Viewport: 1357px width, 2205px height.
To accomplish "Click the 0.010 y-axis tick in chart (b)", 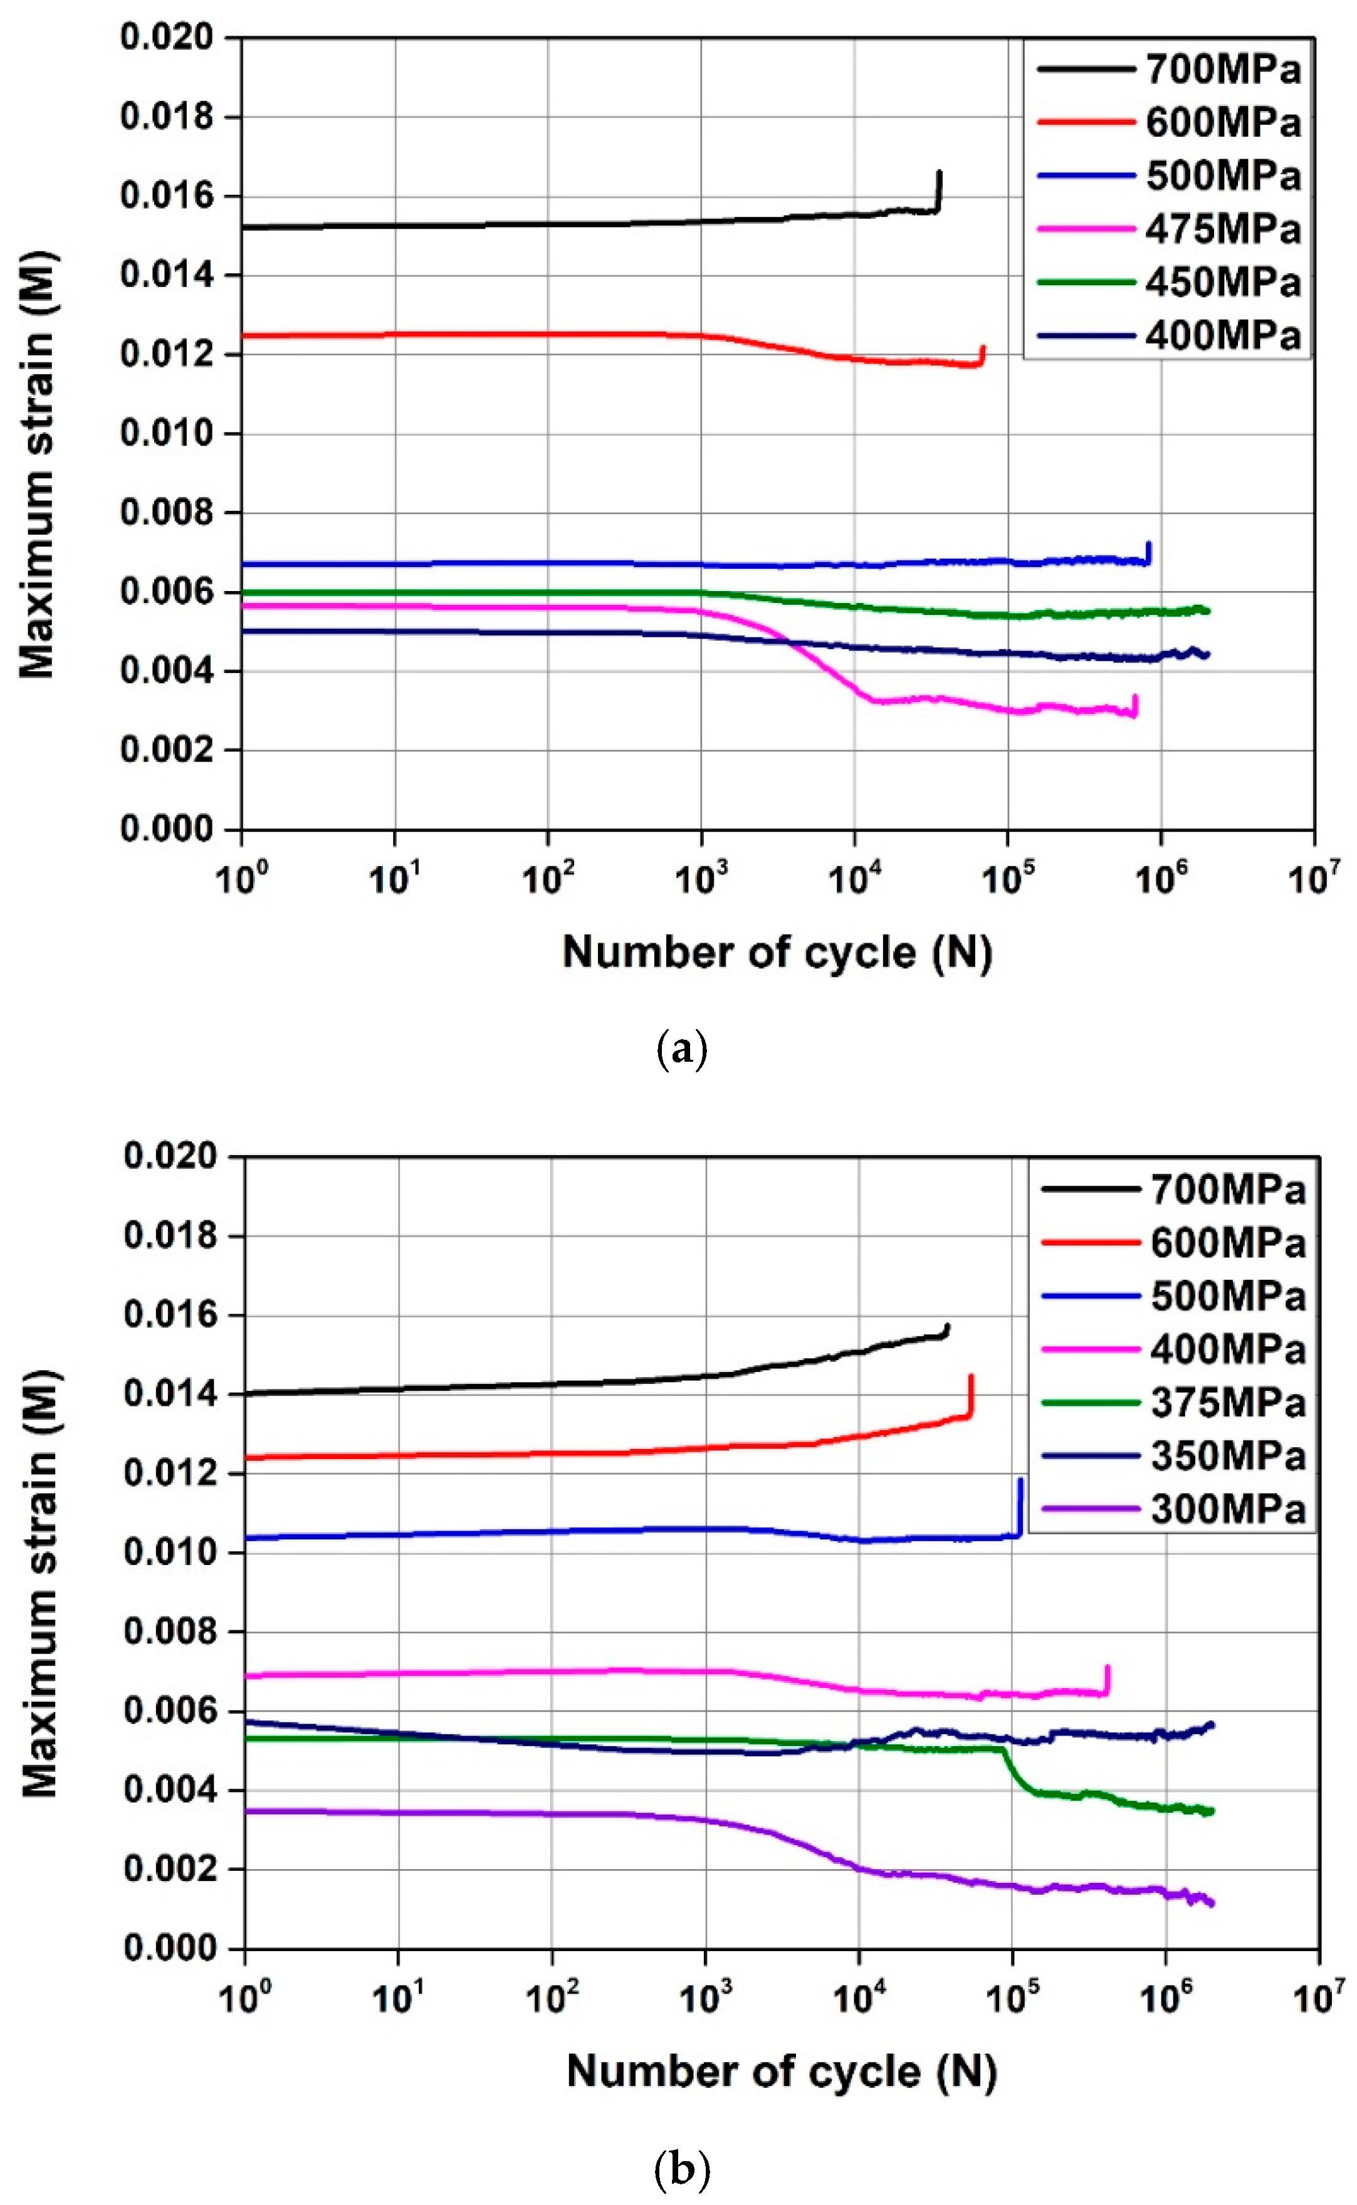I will [x=170, y=1552].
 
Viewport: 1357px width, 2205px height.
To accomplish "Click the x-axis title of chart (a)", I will [x=777, y=952].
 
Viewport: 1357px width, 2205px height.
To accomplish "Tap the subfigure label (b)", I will [x=682, y=2169].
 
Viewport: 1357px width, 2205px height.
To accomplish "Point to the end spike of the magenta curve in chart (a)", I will [x=1135, y=704].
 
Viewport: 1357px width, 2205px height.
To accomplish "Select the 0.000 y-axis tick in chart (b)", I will [x=170, y=1947].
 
